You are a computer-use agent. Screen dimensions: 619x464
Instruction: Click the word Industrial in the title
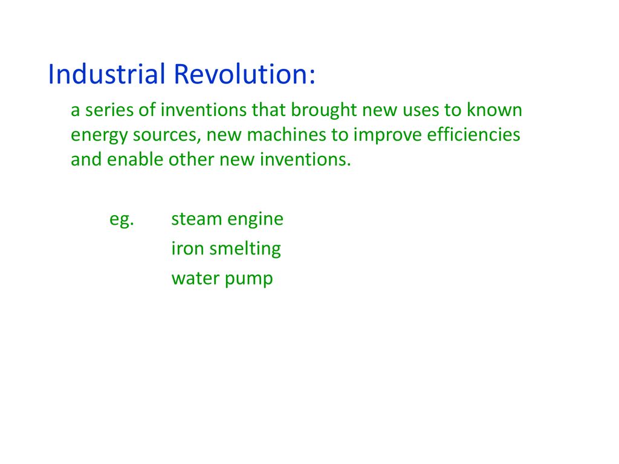(106, 74)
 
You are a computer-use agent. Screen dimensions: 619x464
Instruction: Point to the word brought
(324, 111)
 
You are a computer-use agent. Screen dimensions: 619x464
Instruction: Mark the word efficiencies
(474, 134)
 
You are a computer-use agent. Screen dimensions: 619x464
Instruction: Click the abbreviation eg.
(122, 220)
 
